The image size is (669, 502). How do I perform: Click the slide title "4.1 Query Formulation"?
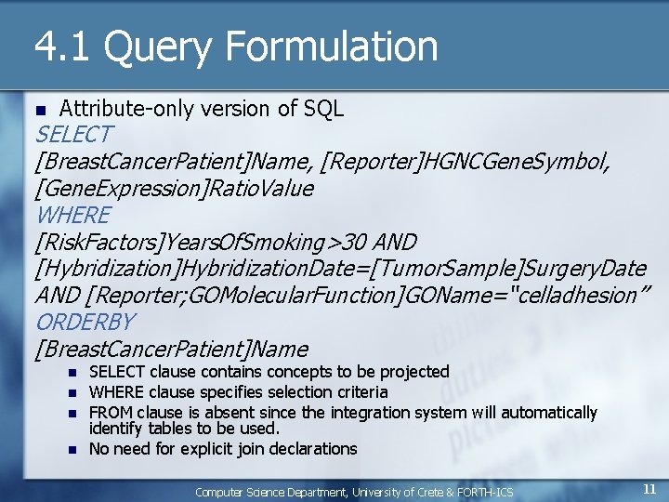[236, 46]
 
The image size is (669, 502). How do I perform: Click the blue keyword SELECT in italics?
[73, 135]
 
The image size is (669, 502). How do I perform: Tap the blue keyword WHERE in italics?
[72, 216]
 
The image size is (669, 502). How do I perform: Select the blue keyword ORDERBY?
[85, 323]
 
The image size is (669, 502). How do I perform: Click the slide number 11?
[649, 489]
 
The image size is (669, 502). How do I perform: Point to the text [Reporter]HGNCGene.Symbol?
[465, 163]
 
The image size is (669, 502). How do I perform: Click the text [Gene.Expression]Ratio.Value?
[174, 189]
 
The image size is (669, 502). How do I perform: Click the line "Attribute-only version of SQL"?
[202, 109]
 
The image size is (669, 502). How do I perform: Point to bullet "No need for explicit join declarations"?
[223, 449]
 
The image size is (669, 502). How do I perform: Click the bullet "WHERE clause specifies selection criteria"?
[238, 392]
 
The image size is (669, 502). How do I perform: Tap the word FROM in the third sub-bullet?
[111, 412]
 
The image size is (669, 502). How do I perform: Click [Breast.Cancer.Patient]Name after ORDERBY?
[171, 350]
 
